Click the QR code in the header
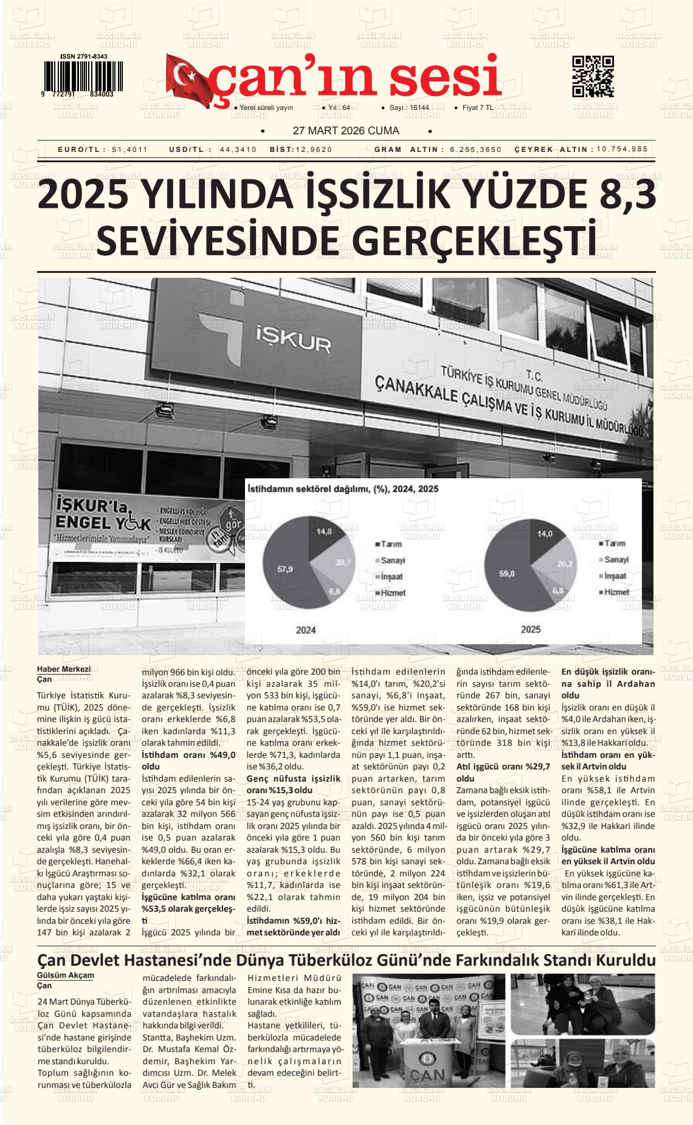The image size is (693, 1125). tap(593, 77)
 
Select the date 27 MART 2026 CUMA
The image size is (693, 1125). tap(346, 131)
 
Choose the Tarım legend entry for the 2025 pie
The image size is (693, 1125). tap(614, 544)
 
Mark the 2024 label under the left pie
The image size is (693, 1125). tap(306, 630)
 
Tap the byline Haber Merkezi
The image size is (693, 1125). tap(64, 669)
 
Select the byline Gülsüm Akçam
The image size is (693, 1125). tap(66, 975)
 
